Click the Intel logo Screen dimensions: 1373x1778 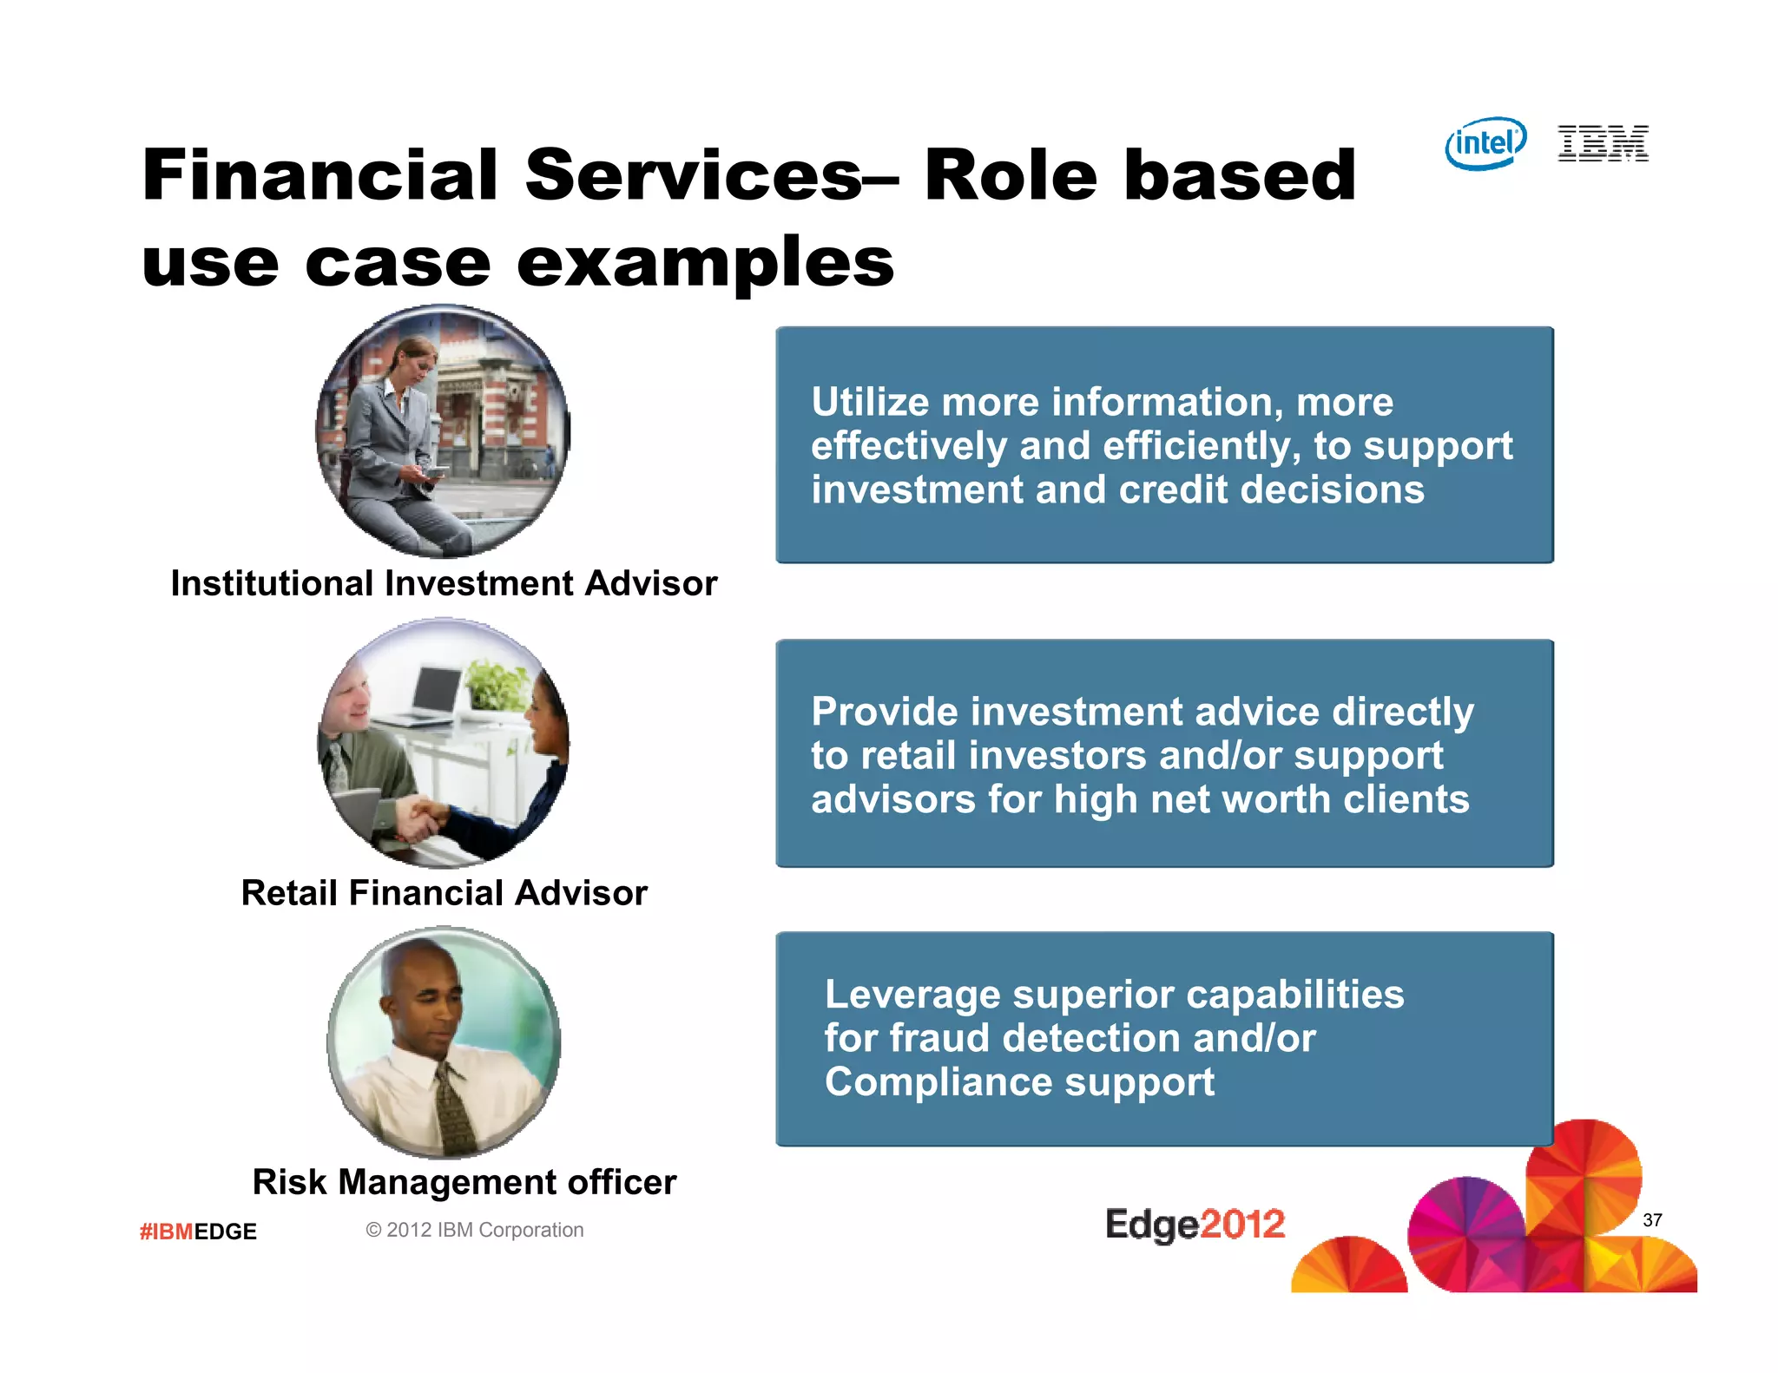click(x=1485, y=143)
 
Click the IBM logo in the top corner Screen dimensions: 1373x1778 click(x=1603, y=143)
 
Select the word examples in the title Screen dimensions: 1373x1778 click(x=704, y=263)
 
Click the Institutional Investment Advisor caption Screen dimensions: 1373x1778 click(x=444, y=583)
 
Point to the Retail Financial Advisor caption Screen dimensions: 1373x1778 click(x=444, y=893)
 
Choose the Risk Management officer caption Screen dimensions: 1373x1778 click(x=464, y=1182)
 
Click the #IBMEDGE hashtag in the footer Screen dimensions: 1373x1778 click(x=198, y=1232)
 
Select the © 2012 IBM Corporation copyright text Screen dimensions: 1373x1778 click(x=474, y=1230)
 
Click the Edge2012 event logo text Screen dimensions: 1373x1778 click(x=1195, y=1224)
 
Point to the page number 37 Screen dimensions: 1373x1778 click(x=1651, y=1220)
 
